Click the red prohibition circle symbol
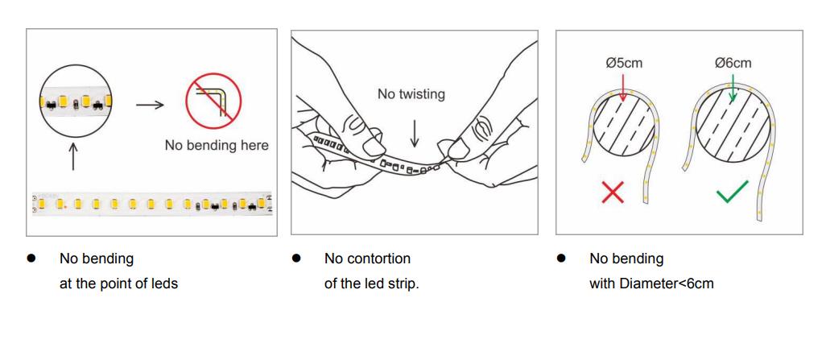tap(188, 100)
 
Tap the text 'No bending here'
tap(217, 146)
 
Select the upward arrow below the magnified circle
tap(72, 156)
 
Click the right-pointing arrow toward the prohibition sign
tap(150, 105)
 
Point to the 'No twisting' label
tap(411, 94)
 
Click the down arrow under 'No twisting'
tap(415, 134)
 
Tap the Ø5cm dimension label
tap(624, 64)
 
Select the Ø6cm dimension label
tap(733, 64)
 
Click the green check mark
tap(733, 192)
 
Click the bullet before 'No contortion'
tap(296, 259)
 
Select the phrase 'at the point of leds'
tap(118, 283)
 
